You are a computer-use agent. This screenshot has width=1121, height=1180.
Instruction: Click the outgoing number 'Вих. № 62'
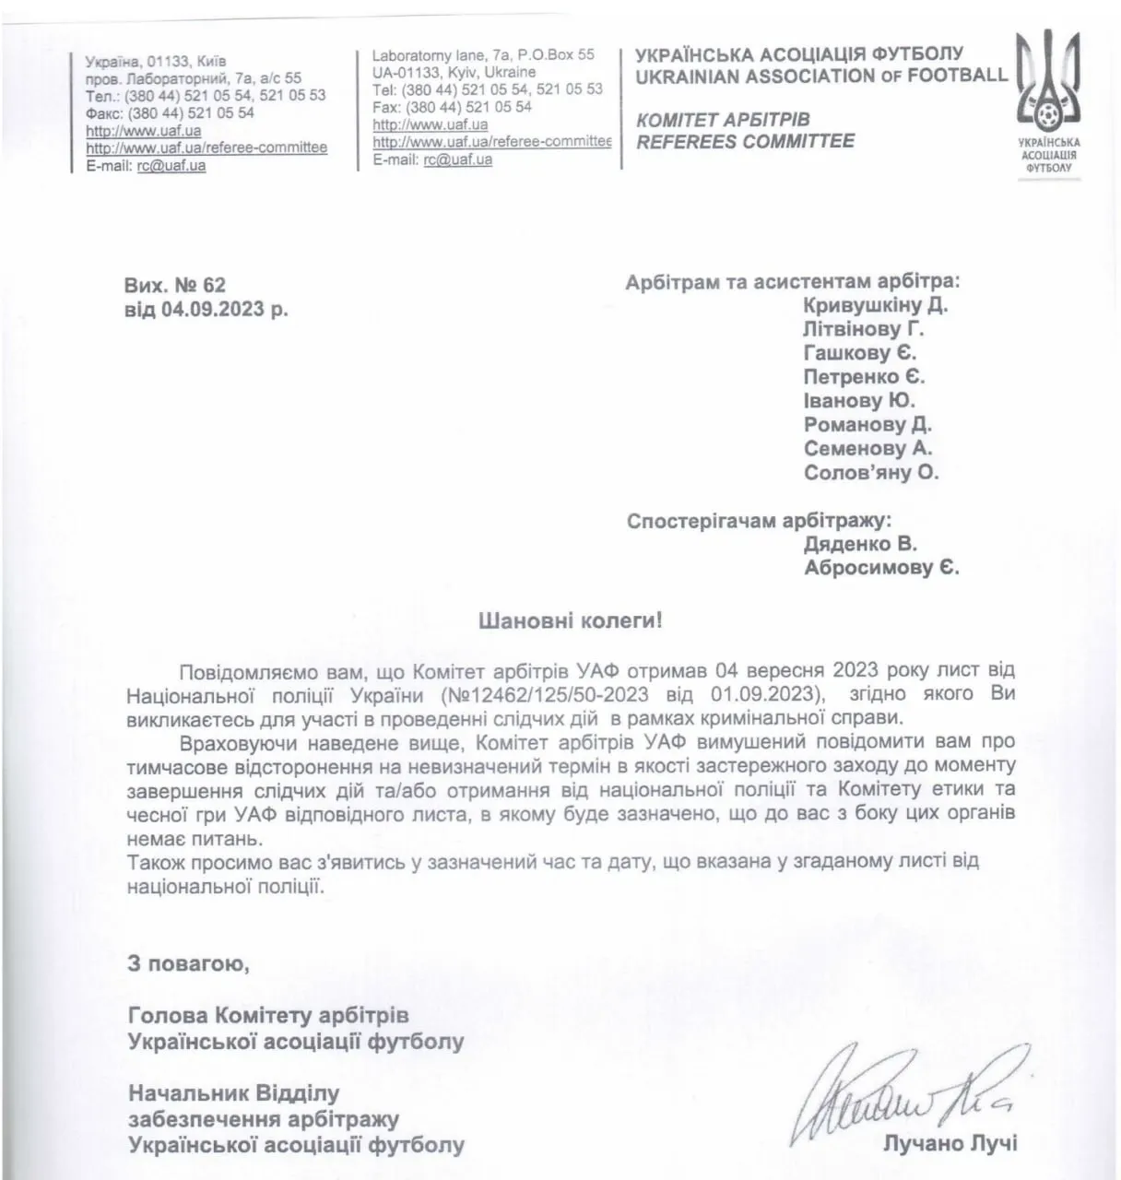tap(174, 286)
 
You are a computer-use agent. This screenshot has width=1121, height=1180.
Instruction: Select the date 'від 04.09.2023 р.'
tap(206, 310)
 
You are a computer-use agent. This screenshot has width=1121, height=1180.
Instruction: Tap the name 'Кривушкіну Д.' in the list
tap(875, 305)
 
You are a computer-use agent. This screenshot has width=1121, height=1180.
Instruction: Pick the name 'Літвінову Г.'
tap(863, 329)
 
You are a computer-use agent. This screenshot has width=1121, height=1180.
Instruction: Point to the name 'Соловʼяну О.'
tap(870, 473)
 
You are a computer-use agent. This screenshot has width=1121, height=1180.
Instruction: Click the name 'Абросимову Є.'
tap(880, 568)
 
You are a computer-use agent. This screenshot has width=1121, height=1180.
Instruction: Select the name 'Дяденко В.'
tap(860, 544)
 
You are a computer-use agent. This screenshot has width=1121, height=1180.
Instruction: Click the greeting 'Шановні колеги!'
tap(570, 620)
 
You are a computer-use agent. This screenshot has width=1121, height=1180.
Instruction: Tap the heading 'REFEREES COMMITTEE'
tap(745, 141)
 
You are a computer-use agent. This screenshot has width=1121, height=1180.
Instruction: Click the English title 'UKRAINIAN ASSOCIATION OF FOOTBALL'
tap(820, 76)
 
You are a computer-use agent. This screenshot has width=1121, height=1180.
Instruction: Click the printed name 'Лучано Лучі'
tap(950, 1144)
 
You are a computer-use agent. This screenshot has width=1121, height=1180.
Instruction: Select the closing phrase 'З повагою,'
tap(188, 964)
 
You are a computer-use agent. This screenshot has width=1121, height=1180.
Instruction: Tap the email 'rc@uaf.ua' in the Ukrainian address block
tap(171, 166)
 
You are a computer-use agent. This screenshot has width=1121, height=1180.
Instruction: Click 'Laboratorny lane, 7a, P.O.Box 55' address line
tap(483, 55)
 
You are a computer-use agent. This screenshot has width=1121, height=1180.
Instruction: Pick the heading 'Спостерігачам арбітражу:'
tap(759, 521)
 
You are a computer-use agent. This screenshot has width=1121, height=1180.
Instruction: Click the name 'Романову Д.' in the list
tap(867, 425)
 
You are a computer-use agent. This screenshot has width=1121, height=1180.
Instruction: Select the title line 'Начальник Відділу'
tap(233, 1094)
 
